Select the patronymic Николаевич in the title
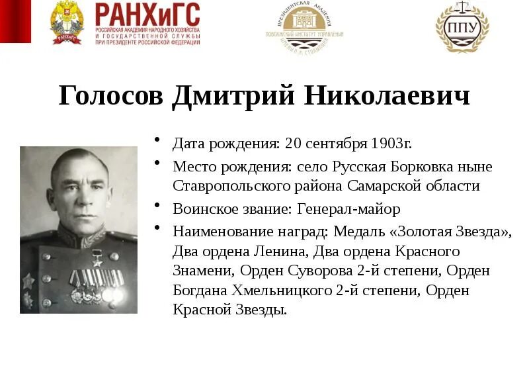coord(387,97)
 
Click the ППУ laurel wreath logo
coord(462,26)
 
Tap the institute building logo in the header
coord(304,28)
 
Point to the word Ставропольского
coord(228,186)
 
